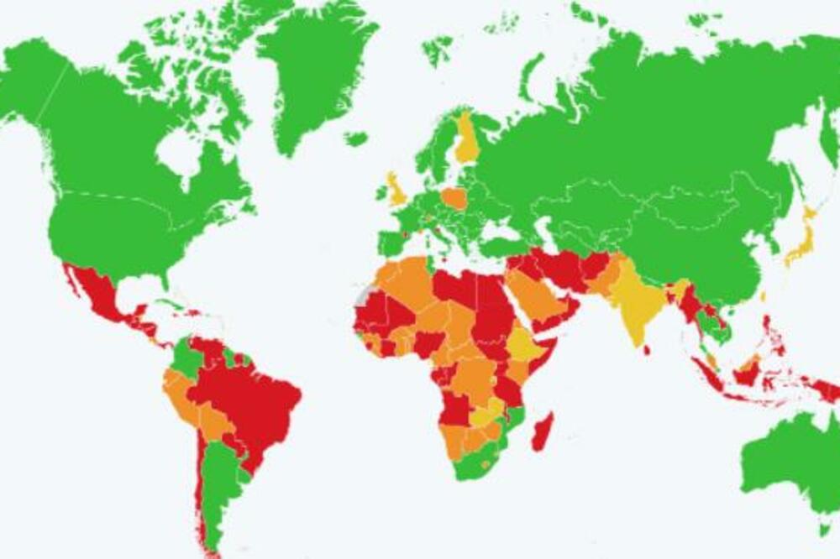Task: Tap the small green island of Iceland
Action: coord(355,138)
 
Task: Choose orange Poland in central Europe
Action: coord(454,199)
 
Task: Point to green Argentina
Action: coord(220,487)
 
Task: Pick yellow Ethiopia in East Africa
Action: coord(526,344)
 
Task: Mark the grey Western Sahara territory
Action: coord(363,295)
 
